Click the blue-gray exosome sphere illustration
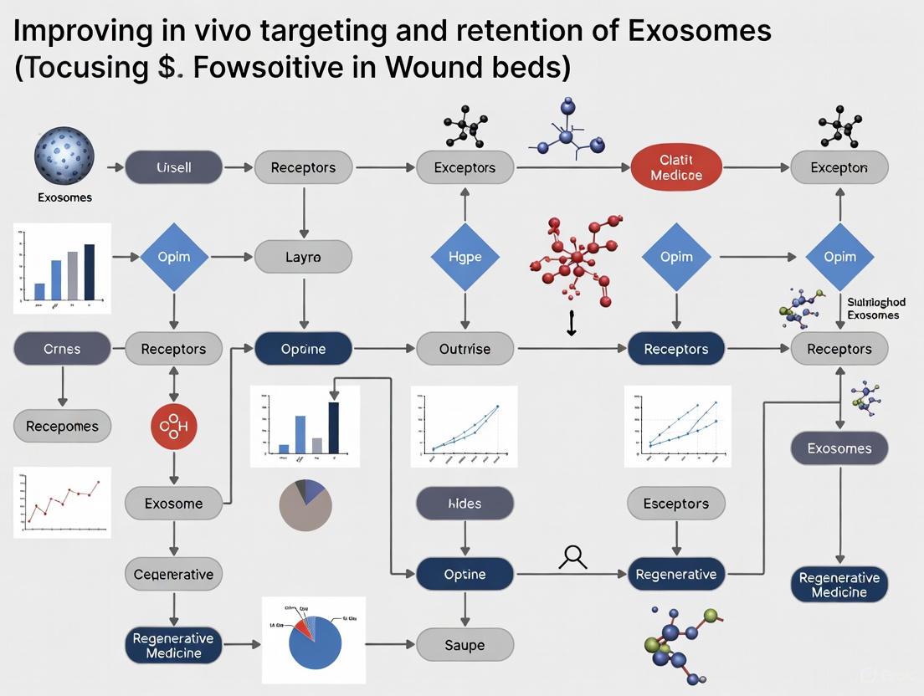64,156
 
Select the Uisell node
173,167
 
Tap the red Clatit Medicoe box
675,167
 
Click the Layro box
303,257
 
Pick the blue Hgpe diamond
465,257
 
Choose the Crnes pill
62,349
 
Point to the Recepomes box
62,427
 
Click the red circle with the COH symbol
173,427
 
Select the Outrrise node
465,349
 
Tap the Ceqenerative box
173,575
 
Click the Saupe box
465,645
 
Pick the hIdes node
465,504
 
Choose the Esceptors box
675,504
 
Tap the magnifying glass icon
574,557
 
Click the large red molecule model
577,257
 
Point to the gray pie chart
305,505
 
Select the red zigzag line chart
63,501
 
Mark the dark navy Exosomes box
839,448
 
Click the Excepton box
839,167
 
